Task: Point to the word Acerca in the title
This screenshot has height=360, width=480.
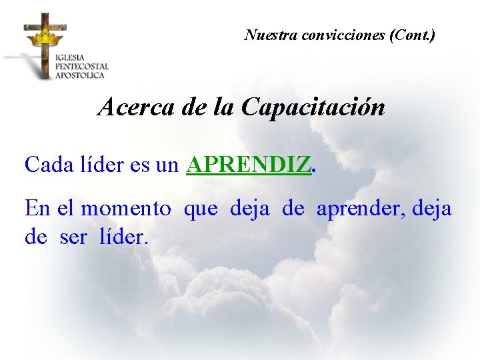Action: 135,107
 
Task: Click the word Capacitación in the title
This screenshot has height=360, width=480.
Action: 313,107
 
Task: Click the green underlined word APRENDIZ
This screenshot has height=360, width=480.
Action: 248,165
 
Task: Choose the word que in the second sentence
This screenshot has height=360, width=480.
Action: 201,210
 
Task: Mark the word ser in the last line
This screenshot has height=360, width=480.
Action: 73,237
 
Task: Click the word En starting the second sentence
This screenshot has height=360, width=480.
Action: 36,209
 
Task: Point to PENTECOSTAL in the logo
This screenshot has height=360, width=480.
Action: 81,66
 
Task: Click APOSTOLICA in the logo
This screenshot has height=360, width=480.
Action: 80,75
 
